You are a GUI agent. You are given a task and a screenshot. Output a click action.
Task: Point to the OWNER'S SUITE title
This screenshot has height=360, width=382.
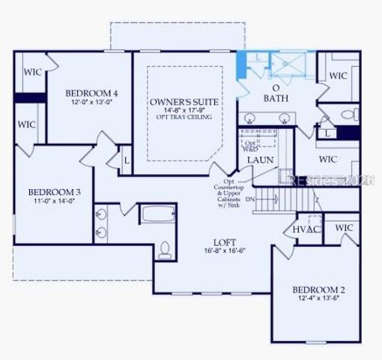tap(179, 101)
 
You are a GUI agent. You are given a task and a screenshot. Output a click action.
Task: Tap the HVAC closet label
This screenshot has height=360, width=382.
tap(306, 229)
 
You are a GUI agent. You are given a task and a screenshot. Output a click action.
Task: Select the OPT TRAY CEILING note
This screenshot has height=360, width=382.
tap(180, 117)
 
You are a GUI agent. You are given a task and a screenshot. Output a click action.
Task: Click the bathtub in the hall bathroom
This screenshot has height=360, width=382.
tap(158, 214)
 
